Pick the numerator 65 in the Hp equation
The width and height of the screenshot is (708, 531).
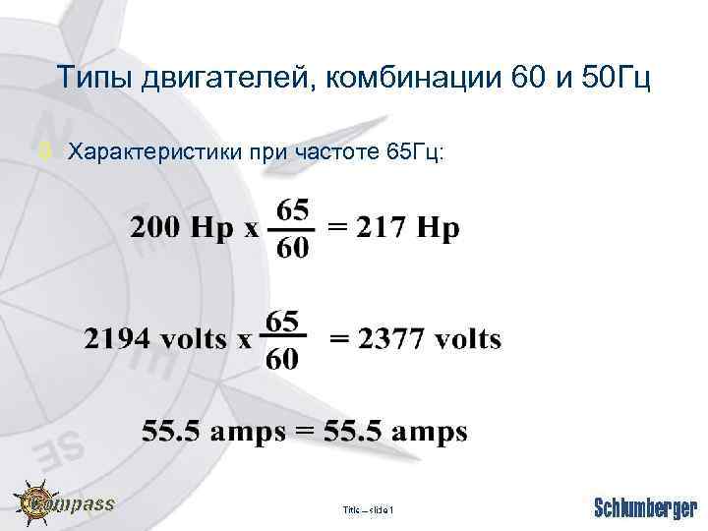pyautogui.click(x=292, y=210)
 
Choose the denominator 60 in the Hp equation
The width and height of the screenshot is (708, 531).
pyautogui.click(x=292, y=248)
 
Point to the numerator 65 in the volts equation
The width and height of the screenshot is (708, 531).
pyautogui.click(x=282, y=321)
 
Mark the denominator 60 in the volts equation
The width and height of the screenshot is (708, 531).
pyautogui.click(x=282, y=359)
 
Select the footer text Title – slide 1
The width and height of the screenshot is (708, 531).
pyautogui.click(x=368, y=510)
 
